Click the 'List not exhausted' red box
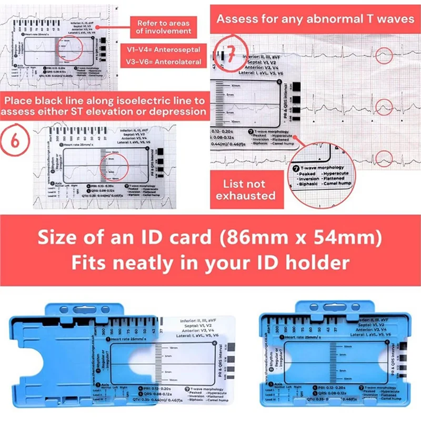(249, 190)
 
